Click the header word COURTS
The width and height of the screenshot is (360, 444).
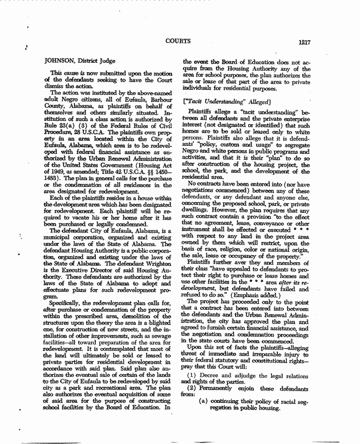178,41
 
